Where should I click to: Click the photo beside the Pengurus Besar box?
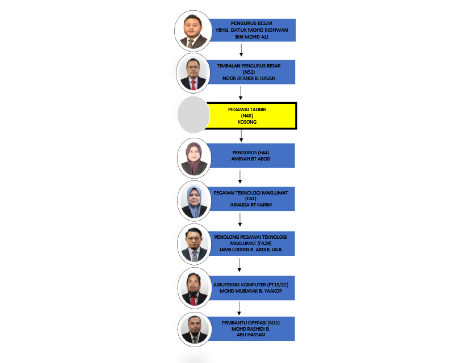point(193,31)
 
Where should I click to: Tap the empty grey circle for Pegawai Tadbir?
point(194,115)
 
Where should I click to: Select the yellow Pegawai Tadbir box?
point(251,116)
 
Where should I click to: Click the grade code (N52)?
point(249,72)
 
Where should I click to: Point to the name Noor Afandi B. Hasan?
point(249,78)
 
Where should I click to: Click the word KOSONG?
point(247,122)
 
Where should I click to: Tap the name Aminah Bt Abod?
point(251,159)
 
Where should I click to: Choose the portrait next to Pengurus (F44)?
point(194,158)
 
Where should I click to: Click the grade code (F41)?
point(251,199)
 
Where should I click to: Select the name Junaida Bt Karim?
point(251,205)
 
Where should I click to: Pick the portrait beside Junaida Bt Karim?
point(194,201)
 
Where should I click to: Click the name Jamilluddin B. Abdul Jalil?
point(251,250)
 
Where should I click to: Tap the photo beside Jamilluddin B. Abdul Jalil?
point(194,244)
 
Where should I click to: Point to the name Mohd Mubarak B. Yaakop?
point(251,291)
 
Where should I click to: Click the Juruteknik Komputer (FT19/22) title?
point(251,285)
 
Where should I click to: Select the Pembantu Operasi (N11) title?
point(251,323)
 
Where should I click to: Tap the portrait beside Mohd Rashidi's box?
point(194,330)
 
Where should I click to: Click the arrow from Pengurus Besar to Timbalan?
point(241,50)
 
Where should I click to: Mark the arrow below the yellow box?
point(241,136)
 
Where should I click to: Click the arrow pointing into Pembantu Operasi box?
point(239,309)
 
